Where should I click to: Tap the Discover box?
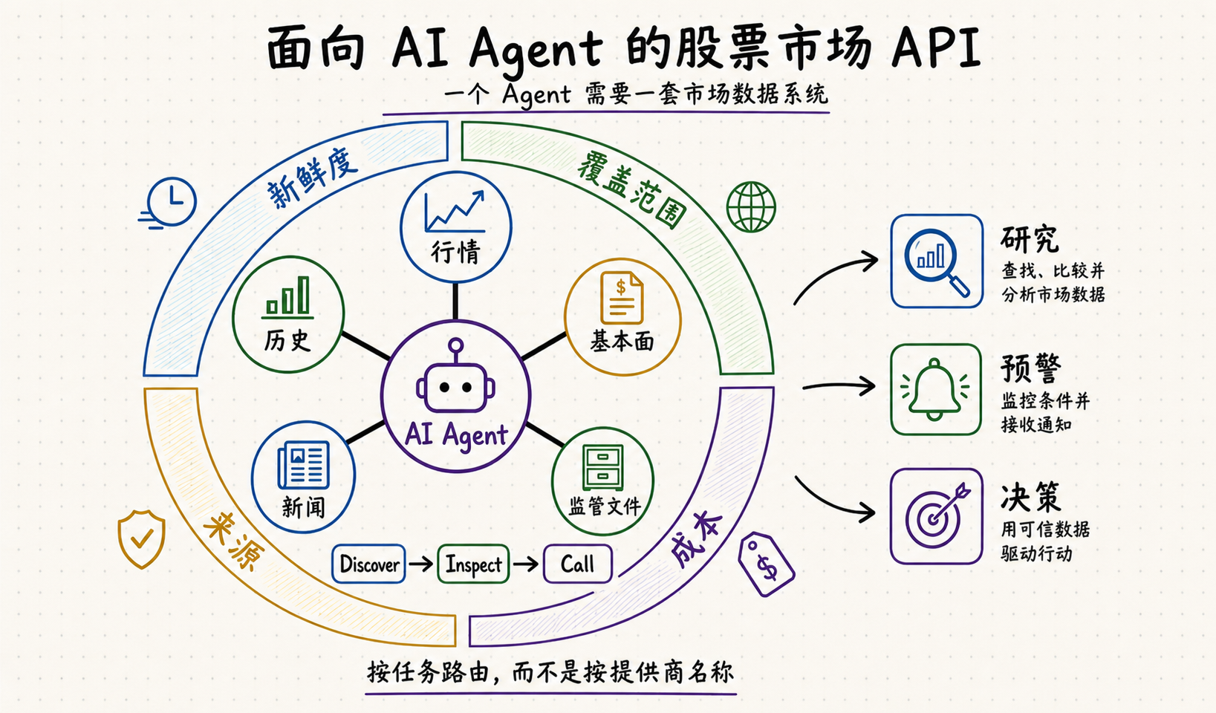pyautogui.click(x=368, y=564)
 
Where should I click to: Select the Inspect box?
pyautogui.click(x=473, y=564)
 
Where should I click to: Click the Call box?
pyautogui.click(x=578, y=564)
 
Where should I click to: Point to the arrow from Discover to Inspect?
pyautogui.click(x=420, y=564)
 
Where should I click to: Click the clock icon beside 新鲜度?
pyautogui.click(x=169, y=202)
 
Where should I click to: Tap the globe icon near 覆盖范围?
pyautogui.click(x=751, y=206)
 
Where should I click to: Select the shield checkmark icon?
pyautogui.click(x=142, y=538)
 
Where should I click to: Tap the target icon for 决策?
pyautogui.click(x=937, y=515)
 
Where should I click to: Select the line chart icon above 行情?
pyautogui.click(x=455, y=212)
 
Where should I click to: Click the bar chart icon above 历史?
pyautogui.click(x=287, y=297)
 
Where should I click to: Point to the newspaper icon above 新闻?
pyautogui.click(x=304, y=465)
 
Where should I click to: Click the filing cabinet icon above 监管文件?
pyautogui.click(x=602, y=468)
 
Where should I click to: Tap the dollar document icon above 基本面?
pyautogui.click(x=622, y=298)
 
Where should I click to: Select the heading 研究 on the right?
pyautogui.click(x=1030, y=238)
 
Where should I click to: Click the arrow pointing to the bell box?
pyautogui.click(x=839, y=386)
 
